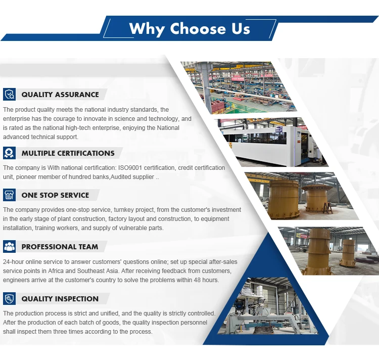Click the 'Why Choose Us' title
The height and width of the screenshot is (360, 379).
click(x=189, y=29)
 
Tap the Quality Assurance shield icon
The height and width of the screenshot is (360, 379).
click(x=10, y=94)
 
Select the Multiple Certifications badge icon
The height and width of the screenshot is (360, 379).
click(x=10, y=153)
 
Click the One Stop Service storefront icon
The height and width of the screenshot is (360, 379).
click(x=10, y=195)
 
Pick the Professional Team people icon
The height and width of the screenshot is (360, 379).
click(x=10, y=246)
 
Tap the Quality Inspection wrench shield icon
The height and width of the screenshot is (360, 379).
click(x=10, y=299)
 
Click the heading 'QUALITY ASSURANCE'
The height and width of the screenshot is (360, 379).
click(x=60, y=94)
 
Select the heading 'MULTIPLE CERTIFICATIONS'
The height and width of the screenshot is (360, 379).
click(x=68, y=153)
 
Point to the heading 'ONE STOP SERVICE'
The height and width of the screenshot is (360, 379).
click(x=56, y=195)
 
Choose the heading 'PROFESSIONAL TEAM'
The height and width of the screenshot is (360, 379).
click(x=60, y=247)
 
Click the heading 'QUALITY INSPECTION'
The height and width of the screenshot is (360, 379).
click(x=60, y=299)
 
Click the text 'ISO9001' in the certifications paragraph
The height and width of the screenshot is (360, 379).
click(x=130, y=168)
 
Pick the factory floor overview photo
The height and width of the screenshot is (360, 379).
click(x=239, y=87)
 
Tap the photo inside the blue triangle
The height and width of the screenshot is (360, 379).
click(x=268, y=306)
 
